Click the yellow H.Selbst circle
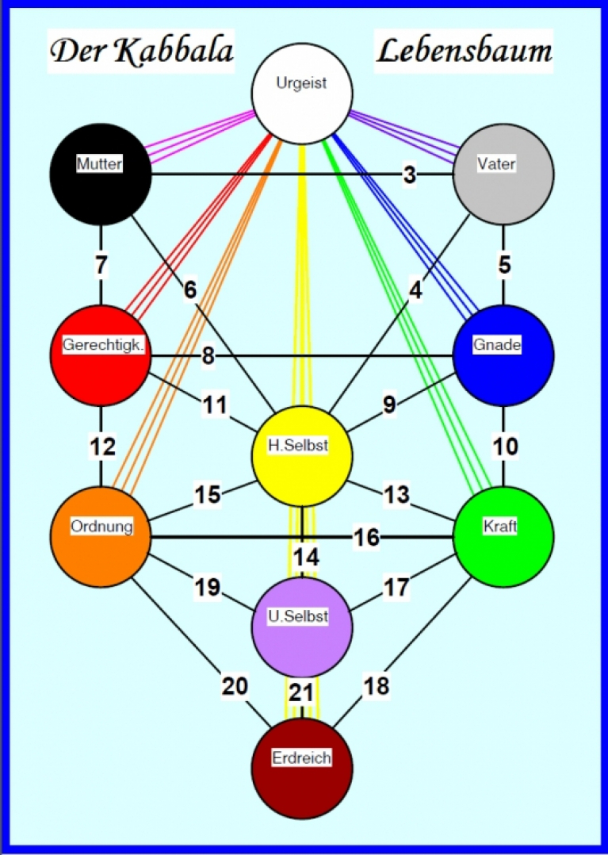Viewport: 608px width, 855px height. (x=302, y=456)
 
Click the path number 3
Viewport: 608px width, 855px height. (x=409, y=175)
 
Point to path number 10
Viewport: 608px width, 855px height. (x=505, y=446)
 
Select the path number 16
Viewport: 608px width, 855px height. (x=366, y=538)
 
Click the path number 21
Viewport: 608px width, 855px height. (x=301, y=692)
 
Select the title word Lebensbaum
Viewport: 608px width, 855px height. (x=464, y=51)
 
